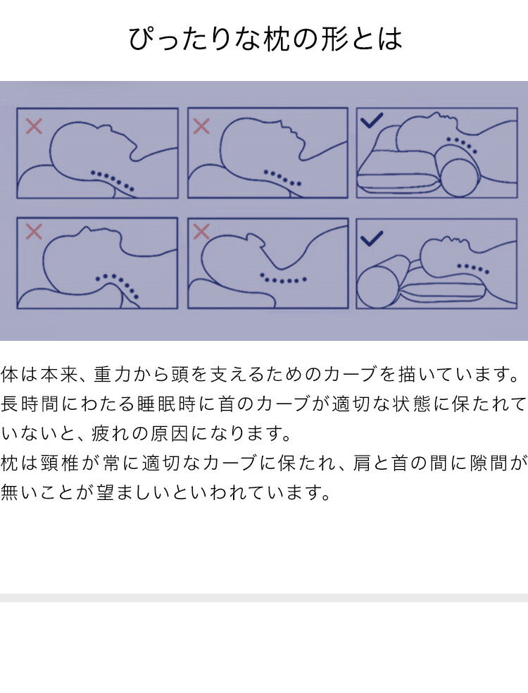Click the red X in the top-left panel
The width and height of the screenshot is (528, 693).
34,126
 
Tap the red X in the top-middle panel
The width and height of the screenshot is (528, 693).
201,126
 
